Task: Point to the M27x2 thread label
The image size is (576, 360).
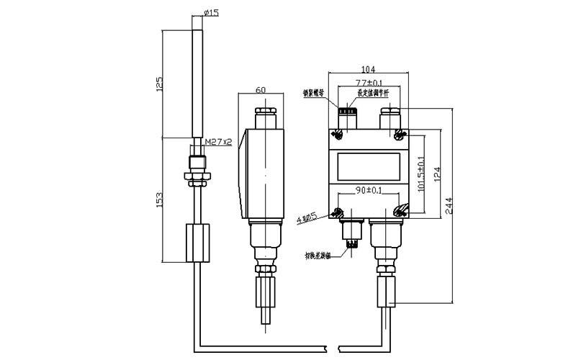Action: [x=217, y=143]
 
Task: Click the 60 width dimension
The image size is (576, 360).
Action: [x=261, y=89]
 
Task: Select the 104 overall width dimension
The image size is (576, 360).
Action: [x=368, y=69]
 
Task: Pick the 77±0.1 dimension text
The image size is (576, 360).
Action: [x=369, y=84]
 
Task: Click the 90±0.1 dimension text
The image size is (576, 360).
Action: [x=368, y=191]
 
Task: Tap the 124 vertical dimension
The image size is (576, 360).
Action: [x=437, y=173]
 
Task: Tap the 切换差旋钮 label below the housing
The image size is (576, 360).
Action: [x=318, y=254]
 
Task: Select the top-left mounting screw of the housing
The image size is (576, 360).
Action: [x=337, y=135]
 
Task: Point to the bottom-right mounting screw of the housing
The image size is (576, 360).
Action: [x=400, y=210]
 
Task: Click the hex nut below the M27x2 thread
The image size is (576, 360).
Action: [x=197, y=174]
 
